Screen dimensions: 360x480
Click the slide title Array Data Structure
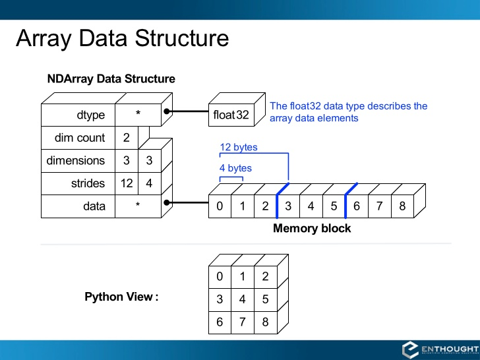tap(123, 38)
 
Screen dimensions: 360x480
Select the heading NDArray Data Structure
tap(111, 79)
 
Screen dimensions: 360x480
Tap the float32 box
tap(231, 115)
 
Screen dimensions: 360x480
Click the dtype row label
tap(91, 115)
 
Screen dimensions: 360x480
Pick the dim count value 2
tap(126, 138)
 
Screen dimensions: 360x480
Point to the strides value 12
tap(127, 183)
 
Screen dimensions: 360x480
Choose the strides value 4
tap(149, 183)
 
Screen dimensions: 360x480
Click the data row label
tap(94, 206)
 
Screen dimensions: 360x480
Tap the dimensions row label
tap(76, 161)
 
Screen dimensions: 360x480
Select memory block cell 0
tap(220, 206)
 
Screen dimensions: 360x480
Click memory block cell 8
tap(402, 206)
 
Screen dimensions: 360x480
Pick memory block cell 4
tap(311, 206)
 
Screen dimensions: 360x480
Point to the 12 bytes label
tap(239, 147)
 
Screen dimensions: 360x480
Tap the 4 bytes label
tap(235, 168)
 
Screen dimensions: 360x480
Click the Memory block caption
tap(312, 229)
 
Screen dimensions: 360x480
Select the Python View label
tap(121, 297)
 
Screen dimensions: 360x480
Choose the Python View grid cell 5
tap(265, 299)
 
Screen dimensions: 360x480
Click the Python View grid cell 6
tap(220, 321)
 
